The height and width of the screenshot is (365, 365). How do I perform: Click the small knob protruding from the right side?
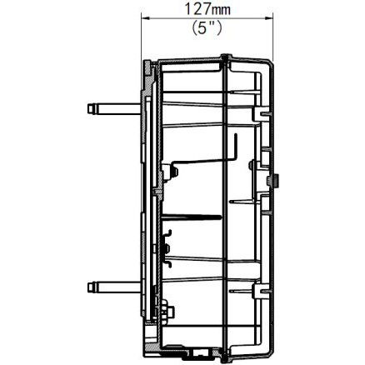277,178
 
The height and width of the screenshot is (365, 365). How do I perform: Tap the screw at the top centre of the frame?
224,57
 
